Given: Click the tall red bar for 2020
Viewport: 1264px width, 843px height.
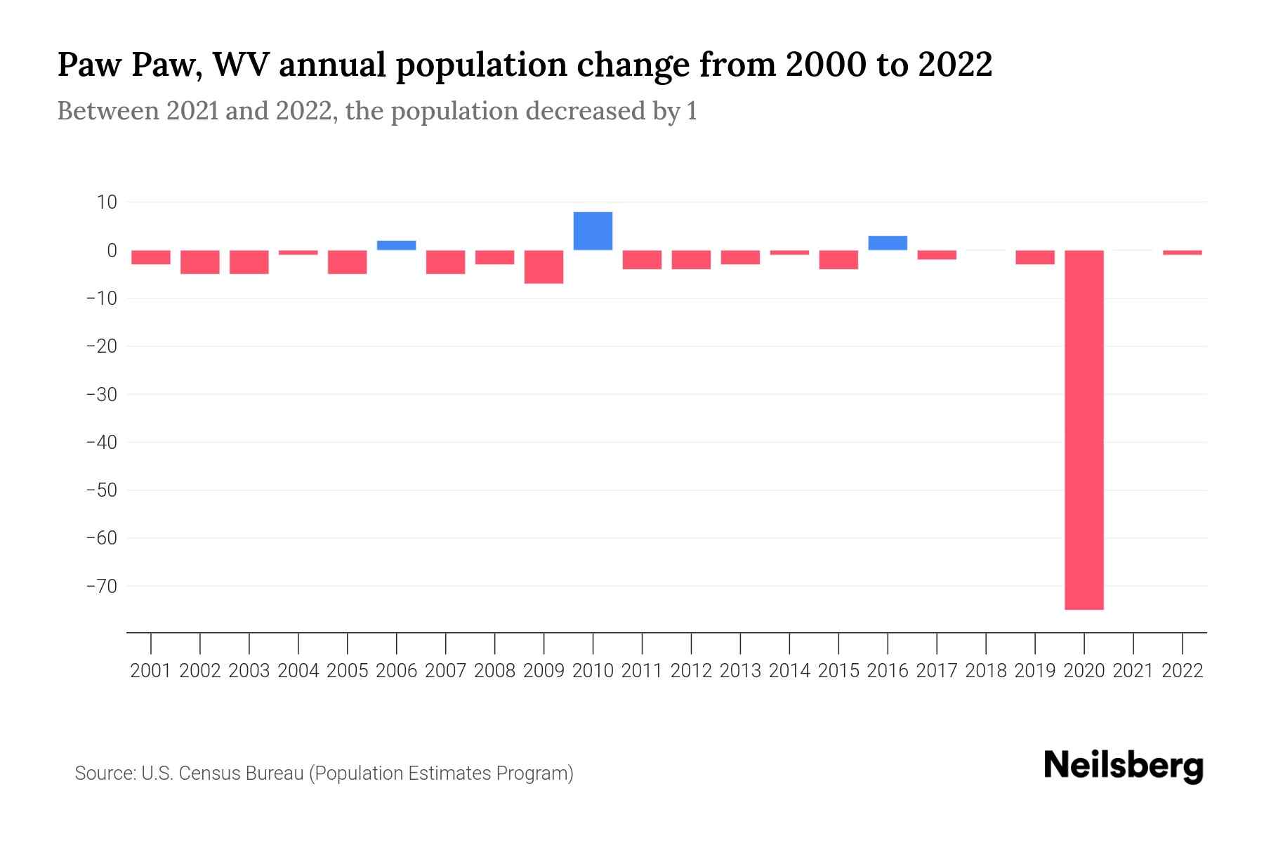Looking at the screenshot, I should [1084, 429].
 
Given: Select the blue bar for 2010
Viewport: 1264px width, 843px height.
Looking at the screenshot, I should [593, 231].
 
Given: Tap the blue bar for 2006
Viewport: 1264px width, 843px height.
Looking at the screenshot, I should [396, 245].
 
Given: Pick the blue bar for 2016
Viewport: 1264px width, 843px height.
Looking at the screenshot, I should [888, 243].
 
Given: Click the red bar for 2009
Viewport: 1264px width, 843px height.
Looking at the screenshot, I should [544, 266].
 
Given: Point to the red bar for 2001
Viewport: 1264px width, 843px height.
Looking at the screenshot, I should [151, 257].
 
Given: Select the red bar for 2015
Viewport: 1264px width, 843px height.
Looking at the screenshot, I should [838, 259].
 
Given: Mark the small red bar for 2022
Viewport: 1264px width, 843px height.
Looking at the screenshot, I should [1182, 252].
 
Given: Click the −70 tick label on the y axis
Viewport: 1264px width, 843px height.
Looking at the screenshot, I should [101, 586].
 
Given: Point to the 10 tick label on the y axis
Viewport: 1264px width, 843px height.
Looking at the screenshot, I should [107, 202].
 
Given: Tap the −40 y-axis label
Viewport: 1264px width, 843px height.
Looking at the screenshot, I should [101, 443].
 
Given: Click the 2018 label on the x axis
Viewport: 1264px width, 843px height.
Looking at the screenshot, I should [986, 671].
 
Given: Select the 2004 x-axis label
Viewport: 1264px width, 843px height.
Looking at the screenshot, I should [298, 671].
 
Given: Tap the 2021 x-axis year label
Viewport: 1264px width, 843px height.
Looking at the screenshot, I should [1133, 671].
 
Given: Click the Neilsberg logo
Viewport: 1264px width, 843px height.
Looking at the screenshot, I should [1124, 766].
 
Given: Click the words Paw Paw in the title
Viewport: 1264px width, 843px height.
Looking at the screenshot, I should [130, 65].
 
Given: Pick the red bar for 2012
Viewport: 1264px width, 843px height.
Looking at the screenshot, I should [691, 259].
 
